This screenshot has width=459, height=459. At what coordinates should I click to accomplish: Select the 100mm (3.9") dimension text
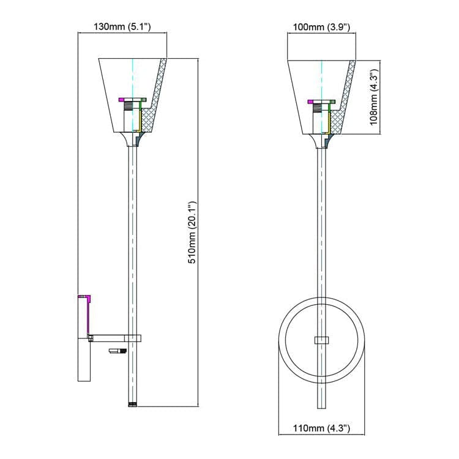tap(321, 27)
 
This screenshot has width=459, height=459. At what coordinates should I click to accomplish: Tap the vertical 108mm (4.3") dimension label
tap(375, 97)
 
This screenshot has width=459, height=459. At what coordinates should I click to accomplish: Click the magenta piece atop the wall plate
tap(86, 298)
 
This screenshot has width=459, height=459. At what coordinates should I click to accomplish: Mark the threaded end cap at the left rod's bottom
tap(133, 405)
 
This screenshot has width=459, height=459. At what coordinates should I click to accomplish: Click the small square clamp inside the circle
tap(321, 340)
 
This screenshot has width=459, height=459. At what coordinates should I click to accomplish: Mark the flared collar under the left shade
tap(133, 141)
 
